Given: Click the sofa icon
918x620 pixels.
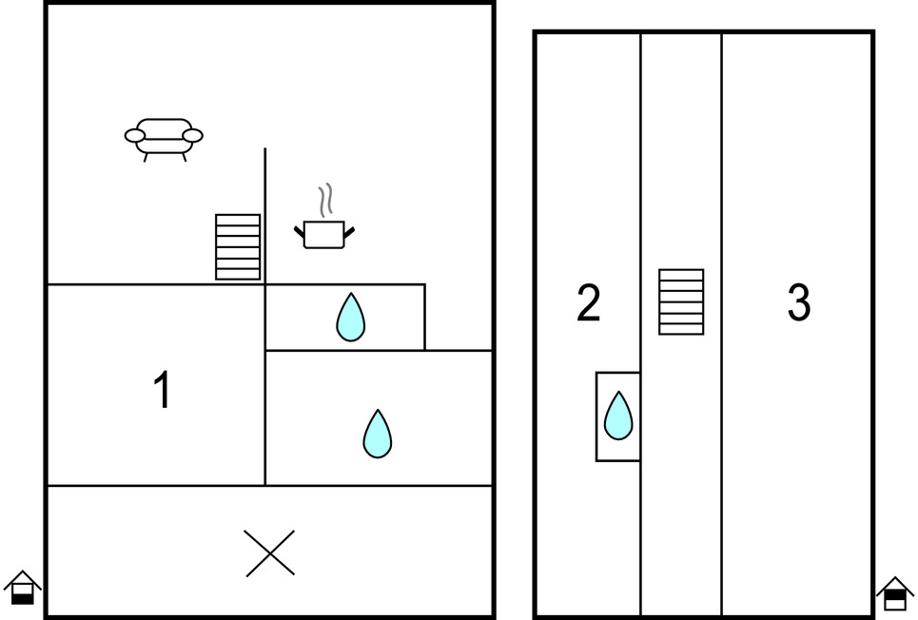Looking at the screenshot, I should pos(164,137).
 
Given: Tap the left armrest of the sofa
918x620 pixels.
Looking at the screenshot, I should pos(135,137).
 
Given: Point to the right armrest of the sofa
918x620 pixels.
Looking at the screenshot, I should pos(192,137).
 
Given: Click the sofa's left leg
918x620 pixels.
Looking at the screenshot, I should pos(146,157).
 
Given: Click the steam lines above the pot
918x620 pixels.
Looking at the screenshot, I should pos(326,200).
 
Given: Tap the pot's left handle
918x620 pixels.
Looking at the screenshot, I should pos(300,230).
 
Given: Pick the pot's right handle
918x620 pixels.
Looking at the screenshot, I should pos(349,230).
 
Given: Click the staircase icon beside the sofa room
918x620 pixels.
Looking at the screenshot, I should pos(238,247).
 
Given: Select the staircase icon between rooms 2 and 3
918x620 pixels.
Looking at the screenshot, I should pos(681,301).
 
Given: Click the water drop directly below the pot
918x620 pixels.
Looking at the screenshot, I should pos(350,318).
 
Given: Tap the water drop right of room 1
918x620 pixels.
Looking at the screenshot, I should pos(378,434).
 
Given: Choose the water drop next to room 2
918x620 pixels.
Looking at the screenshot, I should pos(618,416).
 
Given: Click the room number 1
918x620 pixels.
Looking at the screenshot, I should pos(163,390).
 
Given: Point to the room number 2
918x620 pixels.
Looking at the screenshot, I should pos(589,303).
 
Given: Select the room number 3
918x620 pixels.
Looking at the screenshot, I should pos(799,303).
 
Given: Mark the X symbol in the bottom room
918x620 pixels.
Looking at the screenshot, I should pos(270,553).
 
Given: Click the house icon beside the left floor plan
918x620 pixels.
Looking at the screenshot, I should pos(23,588).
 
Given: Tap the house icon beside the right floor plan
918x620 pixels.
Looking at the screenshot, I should pos(894,593).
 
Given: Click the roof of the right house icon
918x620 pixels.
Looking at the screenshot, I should pos(894,583).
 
